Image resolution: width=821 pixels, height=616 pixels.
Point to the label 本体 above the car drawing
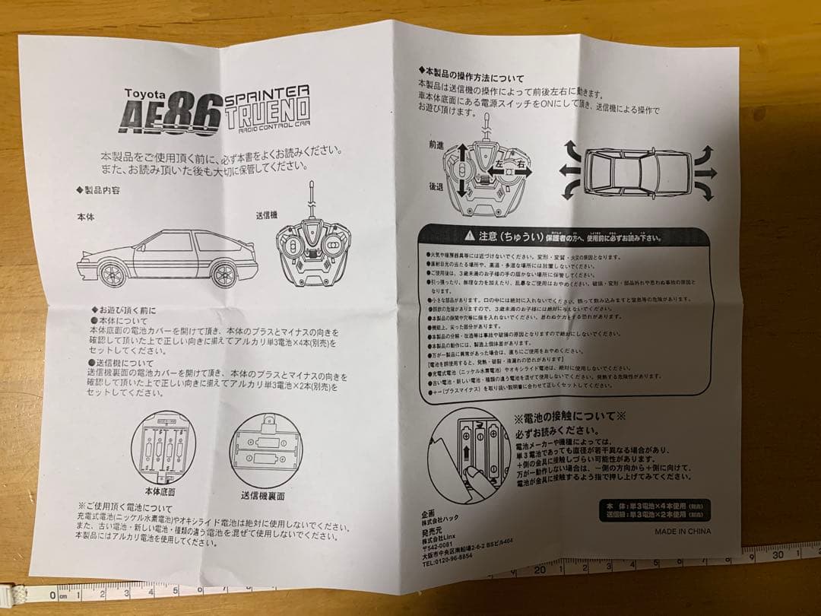pos(86,217)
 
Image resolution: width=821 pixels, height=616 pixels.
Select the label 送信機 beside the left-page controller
pos(268,215)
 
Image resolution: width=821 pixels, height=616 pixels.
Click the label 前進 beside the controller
pos(436,143)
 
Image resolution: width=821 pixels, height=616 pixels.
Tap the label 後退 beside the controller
pos(436,186)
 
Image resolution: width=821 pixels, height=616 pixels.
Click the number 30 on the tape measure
pos(778,555)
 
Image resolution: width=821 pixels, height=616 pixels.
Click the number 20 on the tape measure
pos(540,569)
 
